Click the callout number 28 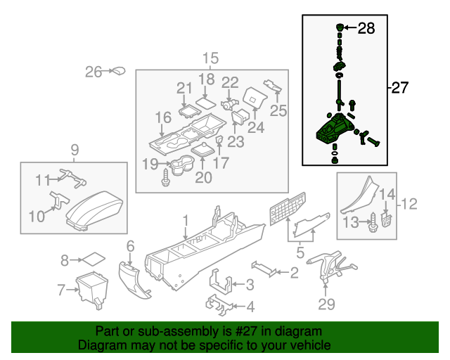coord(366,29)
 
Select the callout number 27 coord(399,88)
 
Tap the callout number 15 coord(211,58)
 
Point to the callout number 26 coord(94,71)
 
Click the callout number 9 coord(75,148)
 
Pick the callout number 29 coord(326,304)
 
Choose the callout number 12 coord(409,204)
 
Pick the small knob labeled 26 coord(117,71)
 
